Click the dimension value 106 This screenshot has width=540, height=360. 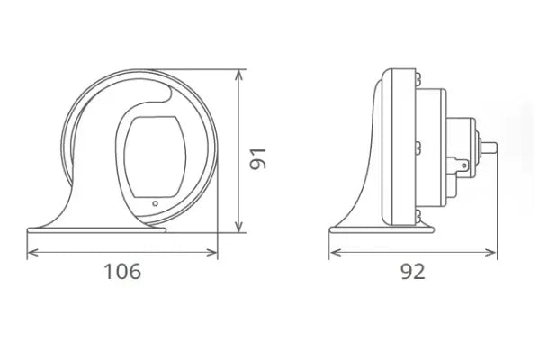click(122, 271)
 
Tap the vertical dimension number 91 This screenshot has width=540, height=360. click(258, 158)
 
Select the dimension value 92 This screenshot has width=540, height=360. click(413, 271)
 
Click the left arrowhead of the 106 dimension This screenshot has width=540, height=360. click(32, 253)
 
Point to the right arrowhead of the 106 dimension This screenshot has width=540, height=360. click(212, 253)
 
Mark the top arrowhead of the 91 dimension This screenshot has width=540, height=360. click(238, 75)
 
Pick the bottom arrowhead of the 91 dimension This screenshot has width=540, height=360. click(238, 227)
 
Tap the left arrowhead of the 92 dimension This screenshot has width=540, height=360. click(335, 253)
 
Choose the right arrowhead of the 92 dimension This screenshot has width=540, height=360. click(490, 253)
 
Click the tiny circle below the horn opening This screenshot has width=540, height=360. click(156, 203)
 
